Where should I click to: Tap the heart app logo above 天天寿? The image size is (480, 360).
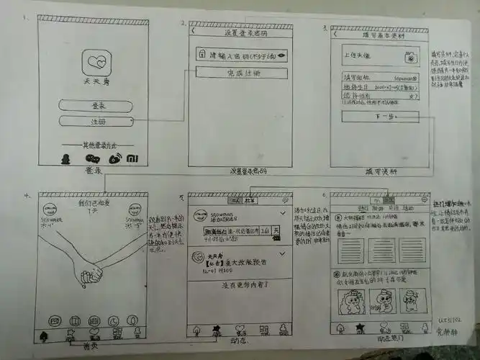pos(94,63)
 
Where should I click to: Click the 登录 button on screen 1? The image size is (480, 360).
pos(96,106)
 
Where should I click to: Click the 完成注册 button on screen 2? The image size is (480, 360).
pos(240,73)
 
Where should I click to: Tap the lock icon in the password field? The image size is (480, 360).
pos(204,55)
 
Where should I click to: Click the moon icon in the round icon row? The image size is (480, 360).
pos(112,320)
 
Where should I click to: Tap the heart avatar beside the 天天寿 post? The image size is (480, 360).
pos(196,256)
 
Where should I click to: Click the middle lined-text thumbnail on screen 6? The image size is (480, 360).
pos(381,250)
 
